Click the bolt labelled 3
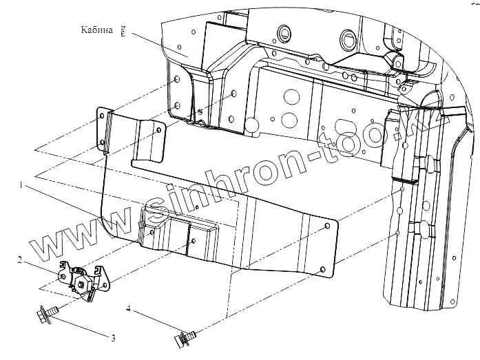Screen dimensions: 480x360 click(46, 317)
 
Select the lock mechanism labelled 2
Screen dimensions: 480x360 click(83, 280)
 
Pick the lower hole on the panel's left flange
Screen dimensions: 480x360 click(103, 142)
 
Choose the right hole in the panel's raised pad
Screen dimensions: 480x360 click(194, 241)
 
